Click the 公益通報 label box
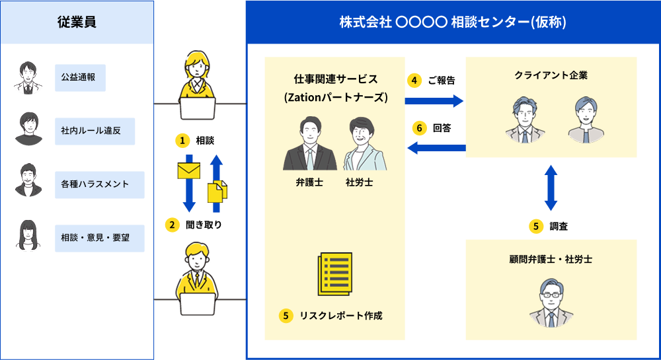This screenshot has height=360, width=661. tap(80, 77)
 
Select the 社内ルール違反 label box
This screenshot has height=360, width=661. tap(95, 131)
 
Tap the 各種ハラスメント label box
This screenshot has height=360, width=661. tap(100, 184)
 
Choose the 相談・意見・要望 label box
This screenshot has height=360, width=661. tap(100, 238)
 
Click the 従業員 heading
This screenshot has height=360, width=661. tap(77, 22)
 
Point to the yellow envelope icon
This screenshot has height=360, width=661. tap(189, 170)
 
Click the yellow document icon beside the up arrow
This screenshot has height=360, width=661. tap(217, 191)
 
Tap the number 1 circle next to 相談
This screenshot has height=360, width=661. tap(182, 141)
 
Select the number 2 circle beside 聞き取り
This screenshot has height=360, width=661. tap(172, 225)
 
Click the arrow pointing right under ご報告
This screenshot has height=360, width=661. tap(434, 100)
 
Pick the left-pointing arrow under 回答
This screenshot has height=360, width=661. tap(436, 148)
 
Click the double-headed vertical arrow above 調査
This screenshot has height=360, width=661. tap(551, 188)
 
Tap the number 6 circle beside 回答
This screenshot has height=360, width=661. tap(419, 128)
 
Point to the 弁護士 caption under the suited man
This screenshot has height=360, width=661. tap(309, 182)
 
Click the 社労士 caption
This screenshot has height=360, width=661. tap(359, 182)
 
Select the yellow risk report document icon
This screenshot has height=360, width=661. tap(334, 273)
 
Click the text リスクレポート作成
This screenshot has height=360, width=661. tap(341, 315)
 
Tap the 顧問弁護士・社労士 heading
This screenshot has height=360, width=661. tap(551, 260)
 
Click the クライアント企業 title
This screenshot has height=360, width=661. tap(551, 75)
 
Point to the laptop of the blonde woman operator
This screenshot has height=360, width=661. tap(198, 108)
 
